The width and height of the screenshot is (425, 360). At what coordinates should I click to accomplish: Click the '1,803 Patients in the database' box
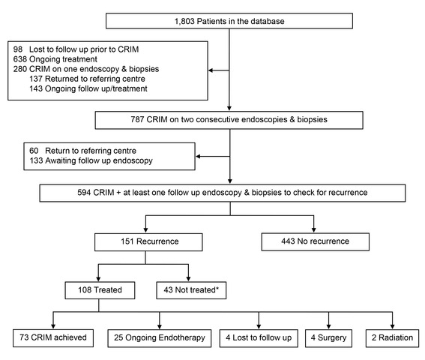click(229, 21)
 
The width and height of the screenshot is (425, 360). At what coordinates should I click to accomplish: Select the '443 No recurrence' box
click(316, 241)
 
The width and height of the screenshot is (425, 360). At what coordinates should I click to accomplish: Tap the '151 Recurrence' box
click(148, 241)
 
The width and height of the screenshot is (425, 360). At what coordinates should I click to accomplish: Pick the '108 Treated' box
click(100, 290)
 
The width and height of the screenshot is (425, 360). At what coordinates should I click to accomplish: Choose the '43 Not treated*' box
click(191, 290)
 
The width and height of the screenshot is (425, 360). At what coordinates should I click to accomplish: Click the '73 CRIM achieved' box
click(53, 338)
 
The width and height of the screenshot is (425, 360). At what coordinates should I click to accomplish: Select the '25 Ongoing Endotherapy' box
click(160, 338)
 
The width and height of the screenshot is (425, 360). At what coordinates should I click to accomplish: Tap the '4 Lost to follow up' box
click(259, 338)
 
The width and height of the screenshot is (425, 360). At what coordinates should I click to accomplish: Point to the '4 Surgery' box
click(329, 338)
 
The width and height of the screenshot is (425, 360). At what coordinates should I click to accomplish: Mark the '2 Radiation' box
click(393, 338)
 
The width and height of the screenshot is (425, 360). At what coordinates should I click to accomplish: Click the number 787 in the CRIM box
click(137, 119)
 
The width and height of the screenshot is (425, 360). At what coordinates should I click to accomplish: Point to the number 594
click(84, 192)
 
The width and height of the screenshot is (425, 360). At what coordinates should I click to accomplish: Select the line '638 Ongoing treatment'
click(55, 58)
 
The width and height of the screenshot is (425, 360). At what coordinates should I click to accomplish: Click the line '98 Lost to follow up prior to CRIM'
click(76, 49)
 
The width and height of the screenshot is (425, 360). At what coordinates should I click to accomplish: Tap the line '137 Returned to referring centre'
click(87, 79)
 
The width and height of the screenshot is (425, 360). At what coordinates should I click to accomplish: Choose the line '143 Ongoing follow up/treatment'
click(88, 88)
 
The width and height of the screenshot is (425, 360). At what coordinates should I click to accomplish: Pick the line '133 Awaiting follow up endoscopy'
click(91, 160)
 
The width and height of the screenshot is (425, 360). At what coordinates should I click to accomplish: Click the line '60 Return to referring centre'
click(82, 151)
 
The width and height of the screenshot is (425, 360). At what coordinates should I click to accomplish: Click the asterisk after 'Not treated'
click(217, 289)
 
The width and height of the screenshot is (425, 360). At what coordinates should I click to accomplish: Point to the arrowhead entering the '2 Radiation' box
click(393, 327)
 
